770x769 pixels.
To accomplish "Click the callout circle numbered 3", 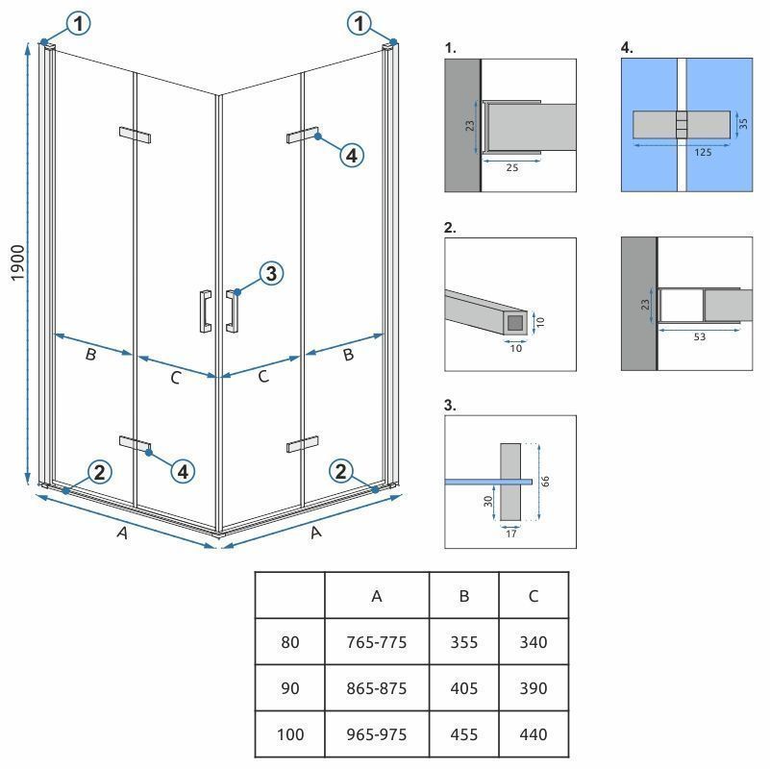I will click(271, 274).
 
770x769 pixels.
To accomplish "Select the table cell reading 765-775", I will click(377, 642).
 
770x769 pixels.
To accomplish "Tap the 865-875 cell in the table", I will click(377, 688).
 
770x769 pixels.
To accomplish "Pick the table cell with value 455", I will click(464, 734).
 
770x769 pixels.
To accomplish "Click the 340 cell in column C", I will click(533, 642).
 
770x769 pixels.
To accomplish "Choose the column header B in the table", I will click(464, 596).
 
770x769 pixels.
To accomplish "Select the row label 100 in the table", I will click(289, 734).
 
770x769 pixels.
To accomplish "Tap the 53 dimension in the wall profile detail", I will click(699, 336).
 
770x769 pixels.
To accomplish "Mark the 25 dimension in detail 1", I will click(511, 168).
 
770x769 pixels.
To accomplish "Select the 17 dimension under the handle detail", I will click(510, 534).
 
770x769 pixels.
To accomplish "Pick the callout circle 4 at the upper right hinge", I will click(352, 154).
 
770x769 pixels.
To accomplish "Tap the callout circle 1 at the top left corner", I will click(79, 23).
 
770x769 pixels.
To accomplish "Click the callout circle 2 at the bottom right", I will click(340, 471).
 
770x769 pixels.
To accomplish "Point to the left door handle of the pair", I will click(205, 310).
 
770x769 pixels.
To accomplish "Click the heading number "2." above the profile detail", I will click(450, 228).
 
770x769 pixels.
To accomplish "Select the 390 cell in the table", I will click(533, 688).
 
